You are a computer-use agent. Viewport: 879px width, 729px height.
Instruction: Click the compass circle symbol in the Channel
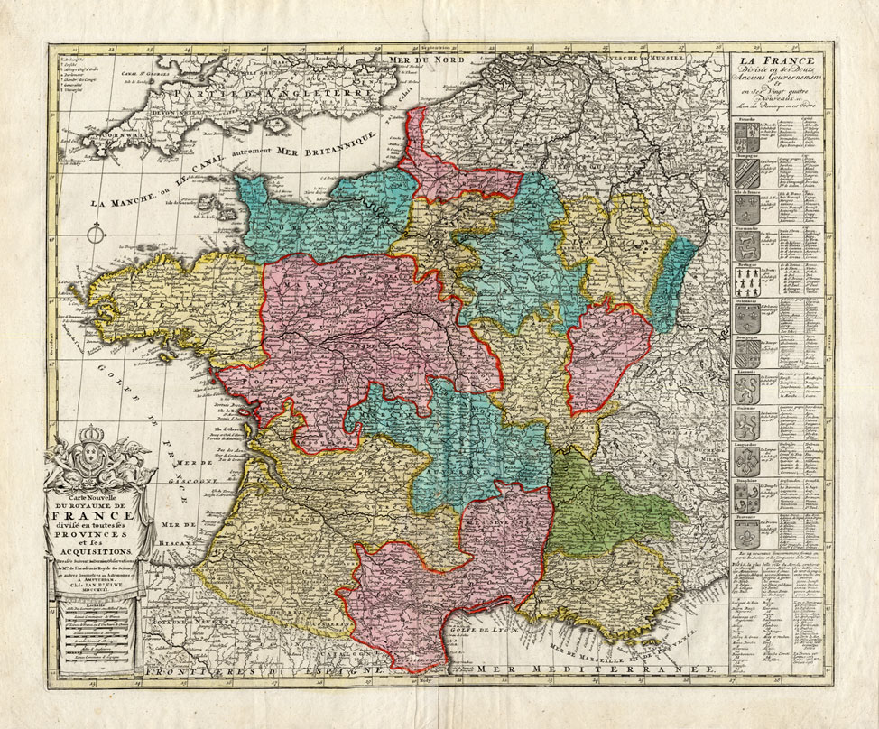point(93,237)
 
